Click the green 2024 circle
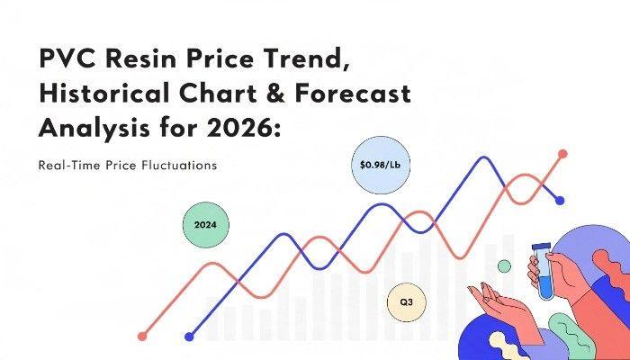(206, 225)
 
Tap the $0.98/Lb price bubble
(381, 165)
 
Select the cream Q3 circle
(406, 302)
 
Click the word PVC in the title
(68, 58)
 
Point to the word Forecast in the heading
(353, 94)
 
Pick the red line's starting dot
(142, 337)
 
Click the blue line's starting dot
(189, 337)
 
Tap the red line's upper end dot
(562, 154)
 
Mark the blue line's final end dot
(560, 201)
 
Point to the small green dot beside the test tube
(504, 266)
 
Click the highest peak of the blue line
(484, 157)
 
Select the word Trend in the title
(308, 59)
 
